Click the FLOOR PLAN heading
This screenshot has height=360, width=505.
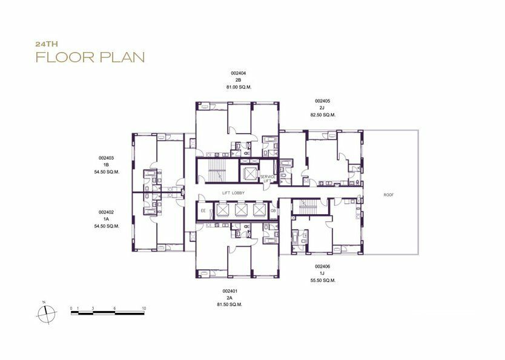pos(90,57)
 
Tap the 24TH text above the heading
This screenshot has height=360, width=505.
pos(47,44)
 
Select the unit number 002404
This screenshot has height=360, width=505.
pos(239,73)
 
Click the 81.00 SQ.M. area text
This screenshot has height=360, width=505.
pos(239,87)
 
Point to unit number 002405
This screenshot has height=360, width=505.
pos(322,101)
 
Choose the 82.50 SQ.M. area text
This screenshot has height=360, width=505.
pos(323,115)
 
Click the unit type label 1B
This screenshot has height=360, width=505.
pos(107,165)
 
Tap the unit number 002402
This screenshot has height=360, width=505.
pos(107,212)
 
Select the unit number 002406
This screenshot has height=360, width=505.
pos(322,267)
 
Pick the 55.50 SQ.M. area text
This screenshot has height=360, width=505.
pos(323,281)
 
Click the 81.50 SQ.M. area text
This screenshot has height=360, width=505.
pos(229,304)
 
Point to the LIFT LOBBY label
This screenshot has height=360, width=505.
pos(234,193)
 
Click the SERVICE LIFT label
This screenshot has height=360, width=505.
pos(267,179)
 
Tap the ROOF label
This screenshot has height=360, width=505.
pos(389,195)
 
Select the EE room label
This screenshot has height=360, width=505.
pos(203,211)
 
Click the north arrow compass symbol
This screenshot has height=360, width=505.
pos(47,313)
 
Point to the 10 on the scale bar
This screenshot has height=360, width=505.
pos(144,308)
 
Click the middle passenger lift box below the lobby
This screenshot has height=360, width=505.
pos(240,210)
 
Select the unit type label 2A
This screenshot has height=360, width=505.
pos(229,298)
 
